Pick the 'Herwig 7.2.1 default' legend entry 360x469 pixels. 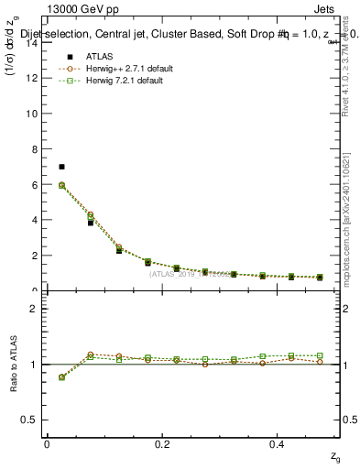pyautogui.click(x=115, y=81)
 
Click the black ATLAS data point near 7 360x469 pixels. pyautogui.click(x=61, y=167)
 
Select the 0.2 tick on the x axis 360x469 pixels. pyautogui.click(x=162, y=443)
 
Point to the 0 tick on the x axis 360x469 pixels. pyautogui.click(x=47, y=443)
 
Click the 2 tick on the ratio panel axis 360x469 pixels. pyautogui.click(x=33, y=309)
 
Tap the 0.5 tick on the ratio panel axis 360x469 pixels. pyautogui.click(x=30, y=420)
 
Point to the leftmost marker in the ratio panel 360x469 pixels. pyautogui.click(x=61, y=376)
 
